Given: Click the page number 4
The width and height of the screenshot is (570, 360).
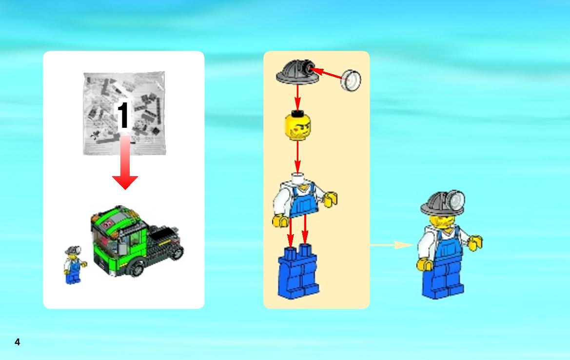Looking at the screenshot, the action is tap(17, 342).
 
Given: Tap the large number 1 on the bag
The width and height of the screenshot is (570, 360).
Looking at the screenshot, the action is tap(123, 115).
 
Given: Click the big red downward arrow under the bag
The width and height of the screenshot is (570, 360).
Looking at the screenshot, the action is tap(125, 162).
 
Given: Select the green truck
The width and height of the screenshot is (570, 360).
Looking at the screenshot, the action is tap(137, 240).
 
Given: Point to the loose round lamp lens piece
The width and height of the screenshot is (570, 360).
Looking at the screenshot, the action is tap(351, 80).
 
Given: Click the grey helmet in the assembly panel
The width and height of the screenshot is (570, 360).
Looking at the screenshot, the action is tap(297, 72).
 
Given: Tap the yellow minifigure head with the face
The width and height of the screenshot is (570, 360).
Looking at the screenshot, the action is tap(298, 126).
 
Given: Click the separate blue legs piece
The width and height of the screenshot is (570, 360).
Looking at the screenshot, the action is tap(298, 271).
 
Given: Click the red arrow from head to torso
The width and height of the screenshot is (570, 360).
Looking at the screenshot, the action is tap(298, 157).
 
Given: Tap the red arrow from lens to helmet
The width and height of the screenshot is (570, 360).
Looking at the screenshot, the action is tap(327, 73).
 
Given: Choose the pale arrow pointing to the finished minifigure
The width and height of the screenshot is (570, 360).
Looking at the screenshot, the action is tap(392, 245).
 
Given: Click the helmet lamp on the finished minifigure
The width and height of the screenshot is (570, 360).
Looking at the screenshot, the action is tap(456, 200).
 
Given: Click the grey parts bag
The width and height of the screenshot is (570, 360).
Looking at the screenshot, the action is tap(124, 114).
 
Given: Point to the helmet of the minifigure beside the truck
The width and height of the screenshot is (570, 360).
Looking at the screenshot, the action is tap(73, 250).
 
